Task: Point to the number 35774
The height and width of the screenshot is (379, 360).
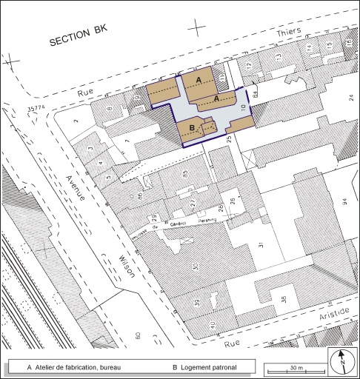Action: (x=38, y=109)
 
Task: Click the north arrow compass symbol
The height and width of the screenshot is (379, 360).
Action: (x=342, y=363)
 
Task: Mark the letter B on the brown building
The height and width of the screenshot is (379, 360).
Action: (x=192, y=128)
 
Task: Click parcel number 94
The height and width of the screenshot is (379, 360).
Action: (x=344, y=201)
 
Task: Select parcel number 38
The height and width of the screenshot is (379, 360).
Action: (x=283, y=300)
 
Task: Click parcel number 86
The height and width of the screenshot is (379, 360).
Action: (x=140, y=197)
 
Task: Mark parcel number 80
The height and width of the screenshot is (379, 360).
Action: (x=139, y=338)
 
